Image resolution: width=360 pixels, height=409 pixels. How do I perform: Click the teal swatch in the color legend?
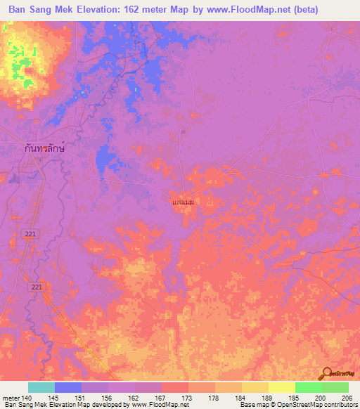click(x=41, y=387)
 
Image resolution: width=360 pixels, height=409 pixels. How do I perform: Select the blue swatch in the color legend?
click(x=68, y=387)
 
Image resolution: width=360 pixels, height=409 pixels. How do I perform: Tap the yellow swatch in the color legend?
click(x=282, y=387)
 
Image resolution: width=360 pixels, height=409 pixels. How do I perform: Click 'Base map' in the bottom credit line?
click(x=251, y=405)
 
